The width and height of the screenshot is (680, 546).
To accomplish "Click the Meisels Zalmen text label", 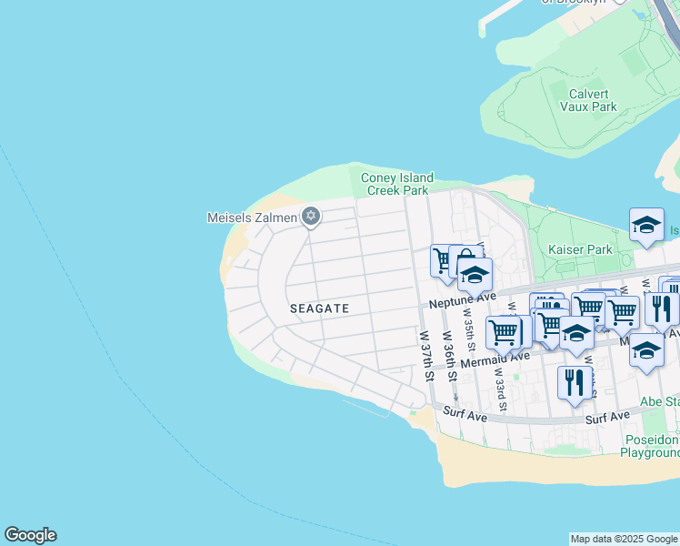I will tap(253, 217).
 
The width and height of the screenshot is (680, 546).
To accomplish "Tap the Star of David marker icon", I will tap(311, 216).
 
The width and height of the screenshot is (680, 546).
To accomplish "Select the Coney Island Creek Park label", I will tap(397, 184).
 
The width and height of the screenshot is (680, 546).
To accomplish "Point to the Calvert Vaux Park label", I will tap(593, 100).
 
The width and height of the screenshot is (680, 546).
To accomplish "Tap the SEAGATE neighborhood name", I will tap(320, 308).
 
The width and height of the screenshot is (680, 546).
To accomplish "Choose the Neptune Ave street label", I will tap(464, 297).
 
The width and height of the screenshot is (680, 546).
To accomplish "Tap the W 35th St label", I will tap(471, 338).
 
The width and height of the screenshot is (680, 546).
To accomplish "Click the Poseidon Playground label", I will tap(651, 446).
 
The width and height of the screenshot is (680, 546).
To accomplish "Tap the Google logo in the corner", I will tap(30, 535).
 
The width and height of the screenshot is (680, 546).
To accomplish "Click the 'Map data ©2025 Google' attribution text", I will tap(624, 539).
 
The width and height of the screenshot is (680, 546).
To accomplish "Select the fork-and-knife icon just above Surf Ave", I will tap(573, 382).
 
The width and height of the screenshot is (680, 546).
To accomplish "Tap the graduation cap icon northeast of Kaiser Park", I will tap(645, 225).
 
